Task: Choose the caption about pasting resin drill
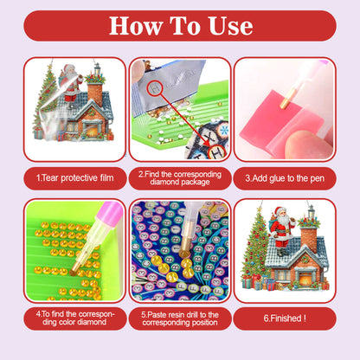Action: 180,319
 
